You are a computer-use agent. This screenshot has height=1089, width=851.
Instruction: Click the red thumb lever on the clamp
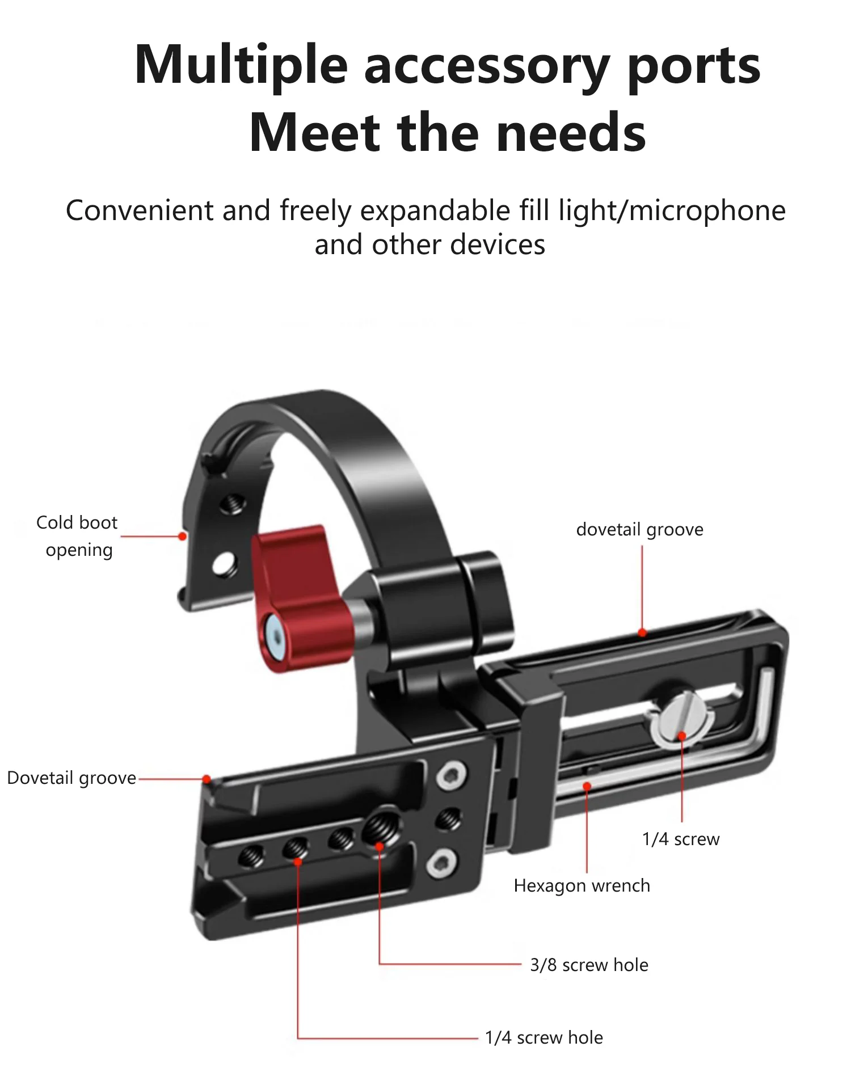pyautogui.click(x=301, y=596)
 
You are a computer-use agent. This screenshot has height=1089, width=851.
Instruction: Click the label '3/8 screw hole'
pyautogui.click(x=589, y=965)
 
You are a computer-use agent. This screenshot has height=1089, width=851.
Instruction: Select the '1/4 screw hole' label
pyautogui.click(x=544, y=1037)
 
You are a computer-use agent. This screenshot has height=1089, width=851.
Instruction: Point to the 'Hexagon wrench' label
pyautogui.click(x=582, y=886)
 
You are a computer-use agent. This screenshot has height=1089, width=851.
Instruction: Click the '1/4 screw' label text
pyautogui.click(x=681, y=839)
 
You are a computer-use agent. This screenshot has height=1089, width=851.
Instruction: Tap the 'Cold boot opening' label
pyautogui.click(x=78, y=536)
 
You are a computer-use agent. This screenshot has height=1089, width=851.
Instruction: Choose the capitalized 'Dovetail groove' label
pyautogui.click(x=71, y=778)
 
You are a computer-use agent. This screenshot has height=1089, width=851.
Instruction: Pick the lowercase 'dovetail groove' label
pyautogui.click(x=640, y=530)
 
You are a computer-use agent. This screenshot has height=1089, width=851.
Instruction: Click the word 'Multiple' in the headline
pyautogui.click(x=241, y=67)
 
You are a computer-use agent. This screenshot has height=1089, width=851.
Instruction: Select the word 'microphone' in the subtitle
pyautogui.click(x=707, y=211)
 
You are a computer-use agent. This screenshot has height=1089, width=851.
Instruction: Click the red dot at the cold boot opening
pyautogui.click(x=182, y=536)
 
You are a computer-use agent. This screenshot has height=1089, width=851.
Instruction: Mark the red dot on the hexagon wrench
pyautogui.click(x=587, y=786)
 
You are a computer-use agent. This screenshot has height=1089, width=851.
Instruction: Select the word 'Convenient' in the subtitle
pyautogui.click(x=140, y=211)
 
